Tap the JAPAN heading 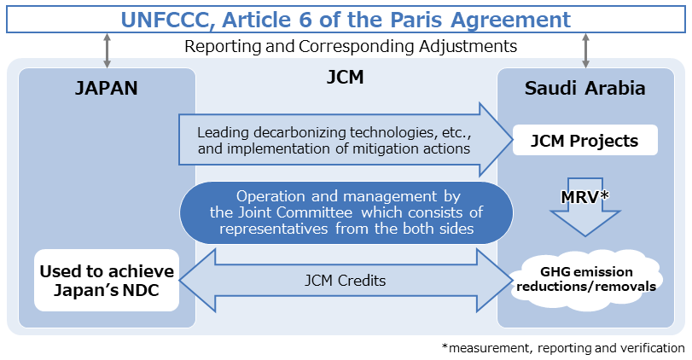pyautogui.click(x=107, y=89)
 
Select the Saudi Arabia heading pyautogui.click(x=584, y=89)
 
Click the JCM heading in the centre pyautogui.click(x=345, y=78)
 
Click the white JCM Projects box pyautogui.click(x=585, y=140)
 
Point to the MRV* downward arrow pyautogui.click(x=584, y=205)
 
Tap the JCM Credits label pyautogui.click(x=345, y=279)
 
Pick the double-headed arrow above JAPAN pyautogui.click(x=107, y=50)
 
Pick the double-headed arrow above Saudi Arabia pyautogui.click(x=585, y=50)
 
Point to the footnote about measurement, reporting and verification pyautogui.click(x=563, y=348)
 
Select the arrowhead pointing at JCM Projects pyautogui.click(x=493, y=139)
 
